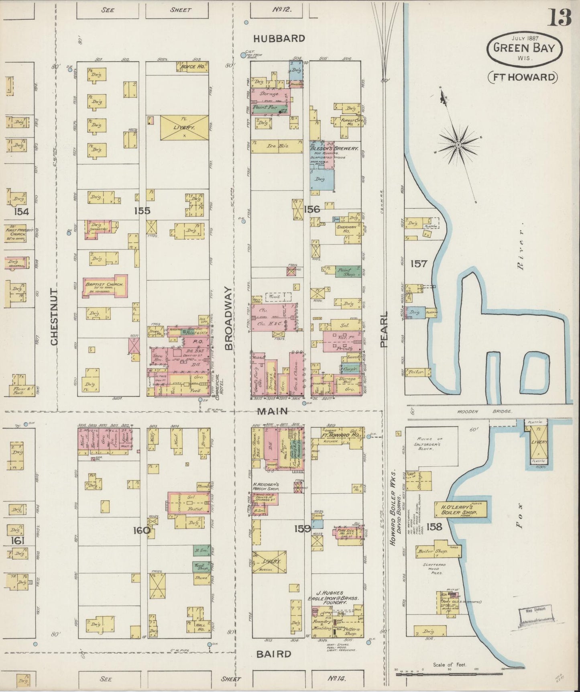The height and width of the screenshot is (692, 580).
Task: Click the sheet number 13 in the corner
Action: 559,18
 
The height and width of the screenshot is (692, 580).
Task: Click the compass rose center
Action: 458,143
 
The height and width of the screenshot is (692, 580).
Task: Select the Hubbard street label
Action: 279,39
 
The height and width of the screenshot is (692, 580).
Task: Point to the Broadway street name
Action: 228,318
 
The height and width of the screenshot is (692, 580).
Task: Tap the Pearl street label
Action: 384,329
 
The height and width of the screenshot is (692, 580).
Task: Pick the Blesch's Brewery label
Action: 334,148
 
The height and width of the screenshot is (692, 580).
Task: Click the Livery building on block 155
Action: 184,128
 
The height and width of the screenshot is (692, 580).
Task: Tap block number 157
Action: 419,264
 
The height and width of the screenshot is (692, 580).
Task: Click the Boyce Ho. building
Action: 193,67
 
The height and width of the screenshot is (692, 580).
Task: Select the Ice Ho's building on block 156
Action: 277,147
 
